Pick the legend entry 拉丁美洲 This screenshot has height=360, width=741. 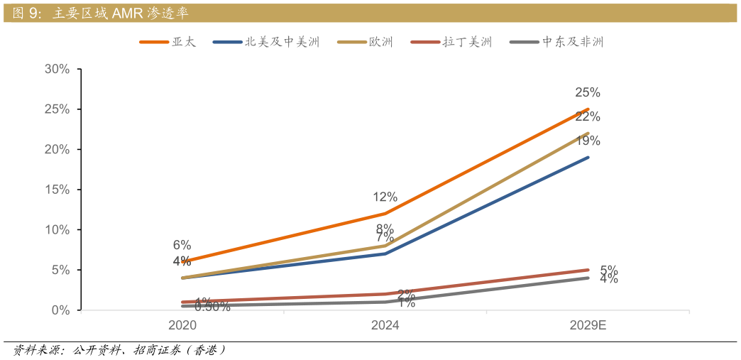466,42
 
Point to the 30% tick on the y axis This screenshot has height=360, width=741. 57,69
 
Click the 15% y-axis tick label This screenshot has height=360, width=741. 57,190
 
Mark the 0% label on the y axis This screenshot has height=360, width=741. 60,310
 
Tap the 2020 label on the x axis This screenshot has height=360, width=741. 182,325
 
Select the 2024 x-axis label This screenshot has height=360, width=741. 385,325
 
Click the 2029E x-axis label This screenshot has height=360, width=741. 588,325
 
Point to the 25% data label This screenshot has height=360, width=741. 588,92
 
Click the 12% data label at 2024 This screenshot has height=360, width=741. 385,197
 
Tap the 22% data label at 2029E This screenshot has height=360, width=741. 588,116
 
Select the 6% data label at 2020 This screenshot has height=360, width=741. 182,245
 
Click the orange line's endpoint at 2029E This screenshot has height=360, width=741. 588,109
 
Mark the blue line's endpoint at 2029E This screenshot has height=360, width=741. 588,158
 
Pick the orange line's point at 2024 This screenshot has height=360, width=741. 385,214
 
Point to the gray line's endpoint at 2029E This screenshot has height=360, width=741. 588,278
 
